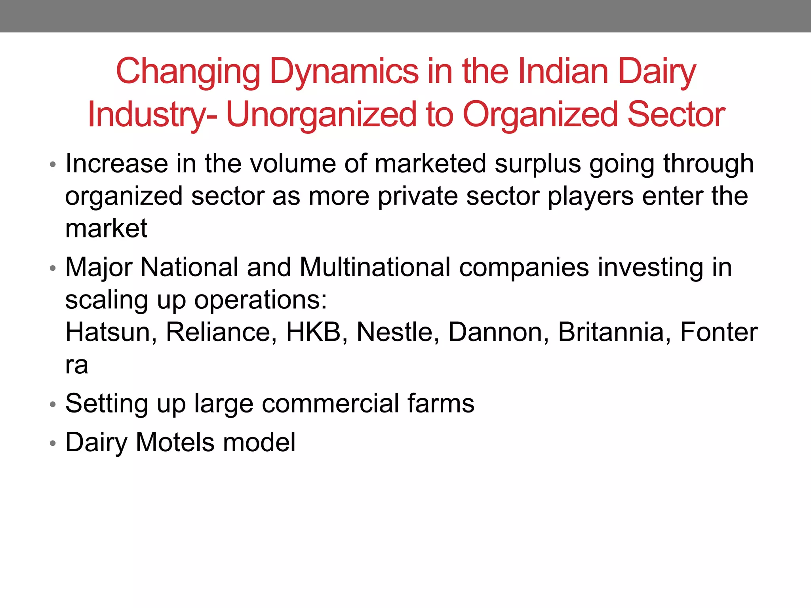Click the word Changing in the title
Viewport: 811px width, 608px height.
click(x=188, y=72)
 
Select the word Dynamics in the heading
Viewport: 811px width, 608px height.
click(x=344, y=72)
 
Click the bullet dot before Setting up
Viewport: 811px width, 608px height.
click(x=53, y=405)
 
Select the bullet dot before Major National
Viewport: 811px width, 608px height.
click(x=53, y=268)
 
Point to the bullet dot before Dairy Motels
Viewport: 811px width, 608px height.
click(x=53, y=443)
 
